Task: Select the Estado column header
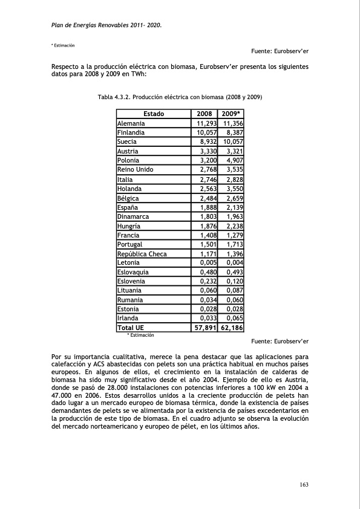tap(154, 114)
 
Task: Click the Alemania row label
tap(131, 123)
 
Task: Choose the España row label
tap(128, 207)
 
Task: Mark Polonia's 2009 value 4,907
tap(234, 160)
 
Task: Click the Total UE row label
tap(131, 328)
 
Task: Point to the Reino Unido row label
tap(135, 169)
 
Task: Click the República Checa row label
tap(142, 253)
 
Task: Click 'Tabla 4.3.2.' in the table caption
tap(114, 97)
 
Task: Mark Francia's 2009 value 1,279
tap(234, 235)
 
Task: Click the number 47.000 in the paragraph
tap(64, 392)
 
